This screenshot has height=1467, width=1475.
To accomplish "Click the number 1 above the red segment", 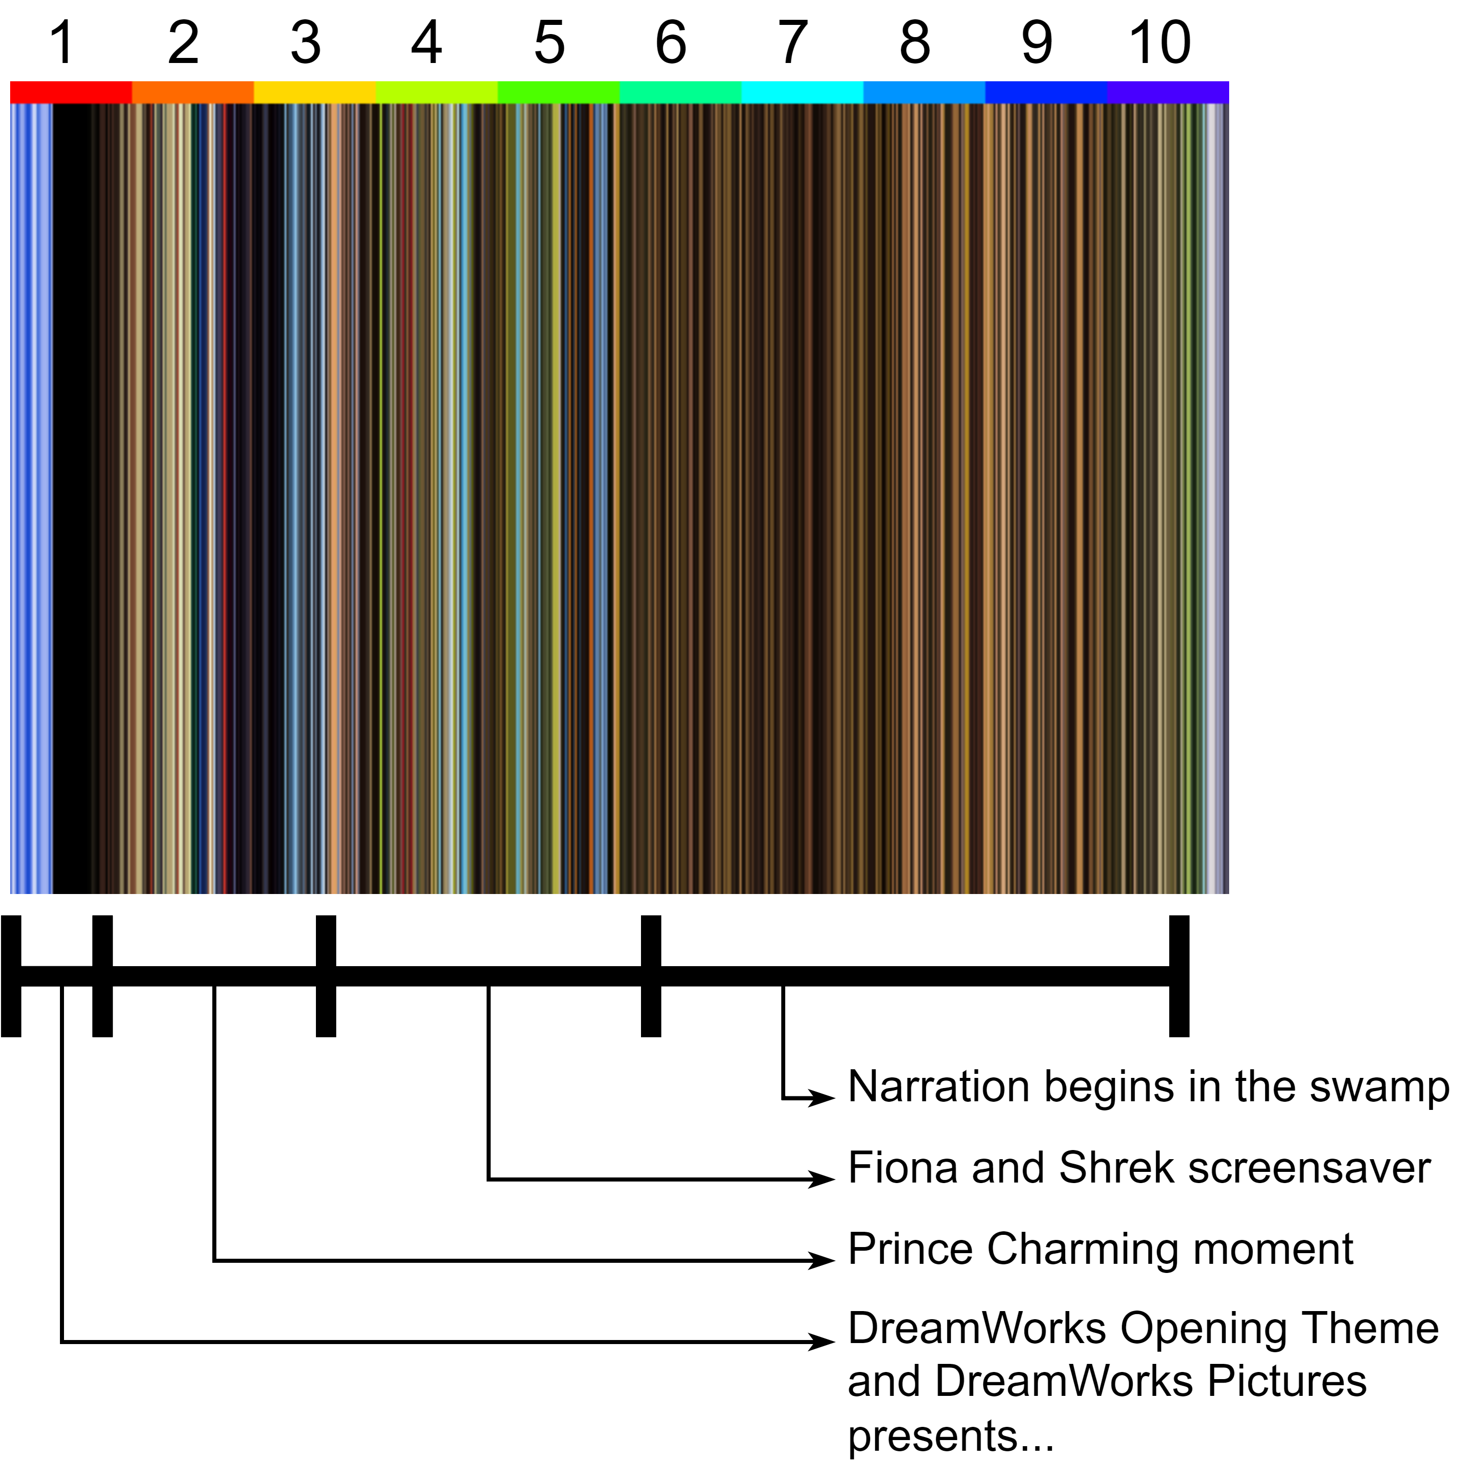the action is tap(62, 43).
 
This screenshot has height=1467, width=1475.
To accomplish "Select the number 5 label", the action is tap(549, 43).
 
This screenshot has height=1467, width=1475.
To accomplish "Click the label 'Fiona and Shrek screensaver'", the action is tap(1139, 1168).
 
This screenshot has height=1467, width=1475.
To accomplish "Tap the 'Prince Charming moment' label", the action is tap(1100, 1250).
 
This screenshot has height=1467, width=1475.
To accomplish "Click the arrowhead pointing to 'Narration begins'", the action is tap(822, 1098).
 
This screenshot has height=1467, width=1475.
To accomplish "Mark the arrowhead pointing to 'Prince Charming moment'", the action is tap(822, 1260).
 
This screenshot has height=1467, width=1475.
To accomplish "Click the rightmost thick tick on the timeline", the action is tap(1179, 976).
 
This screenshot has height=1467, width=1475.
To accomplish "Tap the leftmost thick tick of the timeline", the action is tap(11, 976).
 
